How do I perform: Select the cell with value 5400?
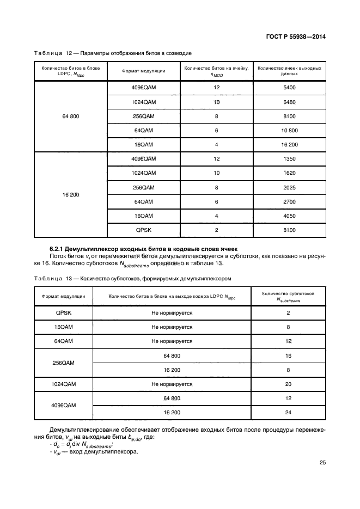tap(289, 88)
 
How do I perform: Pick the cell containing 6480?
tap(289, 102)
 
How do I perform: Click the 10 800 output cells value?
tap(289, 131)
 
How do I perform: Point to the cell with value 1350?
tap(289, 158)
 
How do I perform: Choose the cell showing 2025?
tap(289, 187)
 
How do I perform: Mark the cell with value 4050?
tap(289, 216)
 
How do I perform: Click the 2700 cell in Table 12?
tap(289, 201)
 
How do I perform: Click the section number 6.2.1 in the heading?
tap(59, 248)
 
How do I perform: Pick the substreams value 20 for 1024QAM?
tap(288, 384)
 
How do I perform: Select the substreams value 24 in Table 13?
tap(288, 412)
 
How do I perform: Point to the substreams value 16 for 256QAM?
tap(288, 355)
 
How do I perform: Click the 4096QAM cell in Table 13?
tap(63, 405)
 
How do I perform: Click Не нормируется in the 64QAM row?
tap(172, 341)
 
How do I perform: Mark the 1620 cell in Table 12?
tap(289, 173)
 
